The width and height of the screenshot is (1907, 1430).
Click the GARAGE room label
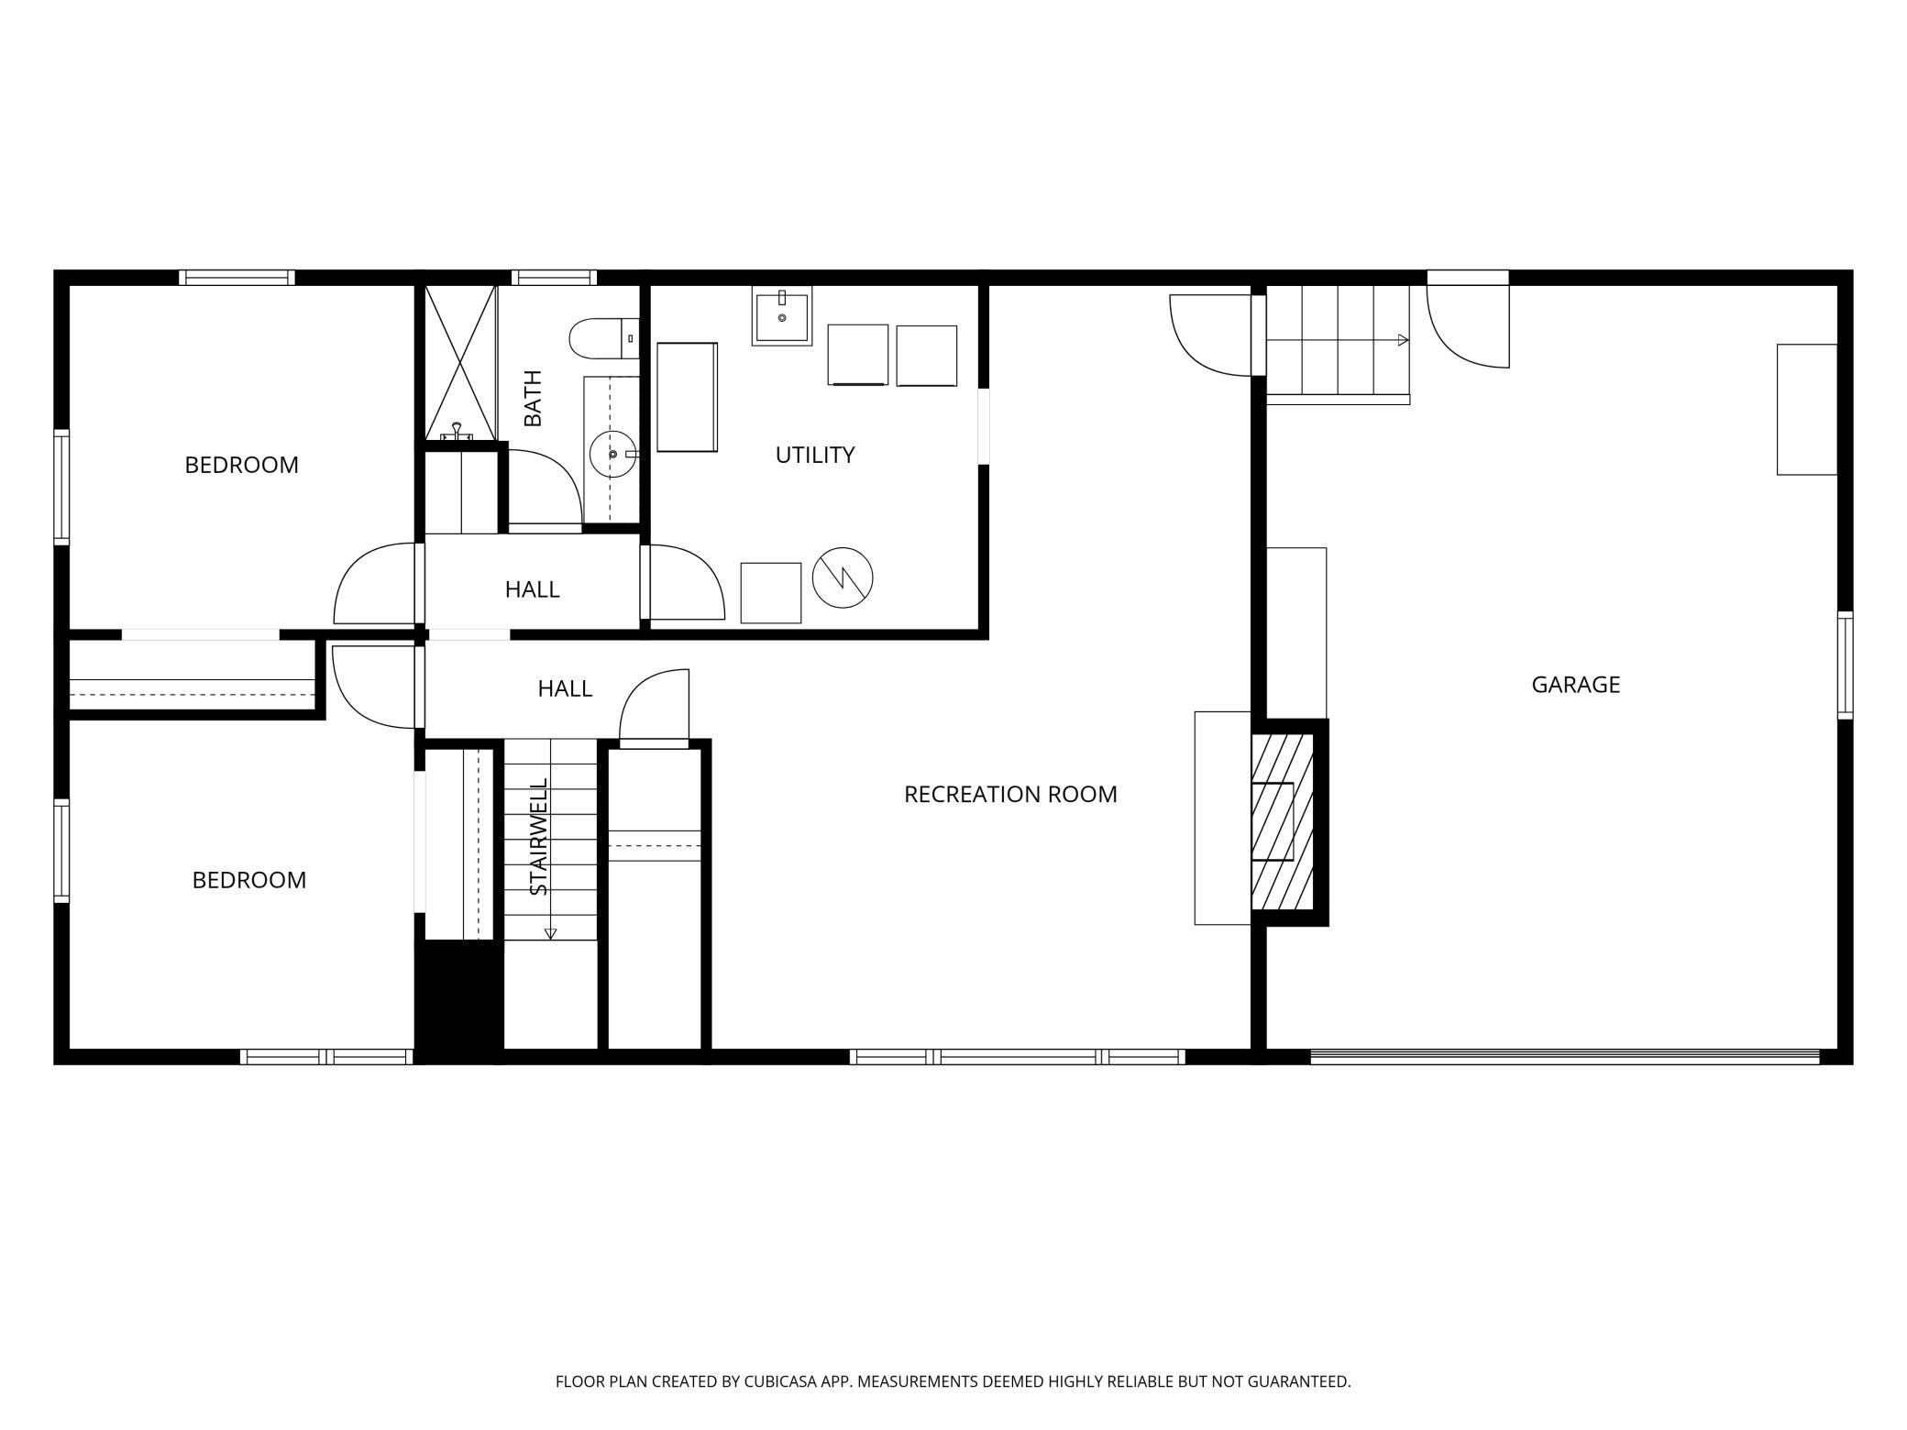click(x=1575, y=685)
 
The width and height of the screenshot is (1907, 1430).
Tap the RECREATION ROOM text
click(x=1010, y=795)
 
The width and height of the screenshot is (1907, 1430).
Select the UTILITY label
click(x=814, y=455)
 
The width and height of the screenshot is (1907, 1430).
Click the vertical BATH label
click(x=533, y=399)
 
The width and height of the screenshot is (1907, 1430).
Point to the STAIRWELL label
click(x=539, y=836)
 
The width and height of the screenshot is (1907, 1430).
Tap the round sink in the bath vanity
click(x=612, y=454)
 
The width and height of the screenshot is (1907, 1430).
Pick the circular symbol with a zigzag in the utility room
click(x=843, y=577)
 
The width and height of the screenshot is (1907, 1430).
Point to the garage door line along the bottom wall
click(x=1564, y=1057)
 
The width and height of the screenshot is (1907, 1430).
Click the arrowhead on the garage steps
click(x=1403, y=340)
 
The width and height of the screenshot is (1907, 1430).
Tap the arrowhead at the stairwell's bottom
click(x=550, y=934)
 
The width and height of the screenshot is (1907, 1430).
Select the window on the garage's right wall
click(x=1845, y=665)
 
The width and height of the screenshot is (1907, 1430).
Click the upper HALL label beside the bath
click(x=532, y=589)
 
